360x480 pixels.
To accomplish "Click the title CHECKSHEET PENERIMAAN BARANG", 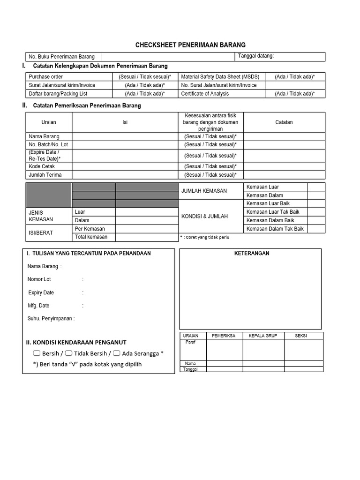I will [x=190, y=45].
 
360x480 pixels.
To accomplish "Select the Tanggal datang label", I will [x=256, y=56].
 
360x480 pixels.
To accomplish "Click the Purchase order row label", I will [x=46, y=76].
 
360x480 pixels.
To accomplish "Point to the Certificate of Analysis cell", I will [x=205, y=94].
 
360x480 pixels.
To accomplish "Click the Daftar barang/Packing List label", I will [x=58, y=94].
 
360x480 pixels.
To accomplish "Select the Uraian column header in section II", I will [x=49, y=122].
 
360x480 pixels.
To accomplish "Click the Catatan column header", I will [x=284, y=122].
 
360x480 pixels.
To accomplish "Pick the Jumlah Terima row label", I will [x=45, y=175].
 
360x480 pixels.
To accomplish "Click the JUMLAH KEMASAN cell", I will [x=204, y=191].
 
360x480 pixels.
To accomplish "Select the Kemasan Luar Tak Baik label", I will [x=272, y=212].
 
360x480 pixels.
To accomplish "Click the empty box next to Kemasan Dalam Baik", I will [x=316, y=220].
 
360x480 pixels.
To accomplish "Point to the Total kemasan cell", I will [x=91, y=237].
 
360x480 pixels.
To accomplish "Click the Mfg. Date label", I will [x=38, y=306].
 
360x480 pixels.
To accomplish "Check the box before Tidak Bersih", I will [x=68, y=353].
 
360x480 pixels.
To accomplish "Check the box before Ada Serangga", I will [x=116, y=353].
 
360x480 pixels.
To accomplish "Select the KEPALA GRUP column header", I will [x=263, y=336].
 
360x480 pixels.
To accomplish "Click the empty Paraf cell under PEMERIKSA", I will [x=225, y=350].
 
